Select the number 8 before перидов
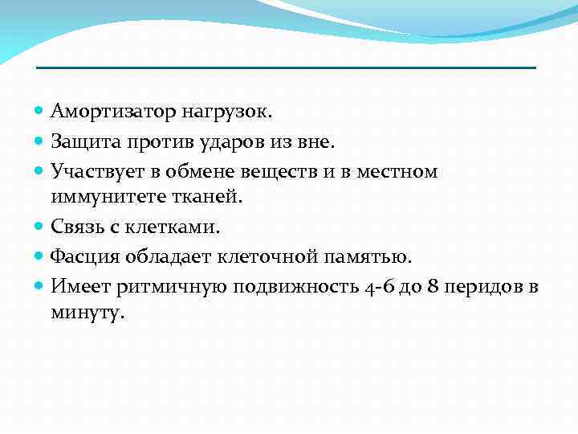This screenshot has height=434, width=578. click(433, 285)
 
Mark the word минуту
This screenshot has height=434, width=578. click(87, 313)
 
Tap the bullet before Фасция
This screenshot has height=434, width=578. click(41, 256)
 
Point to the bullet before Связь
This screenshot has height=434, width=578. click(41, 227)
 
